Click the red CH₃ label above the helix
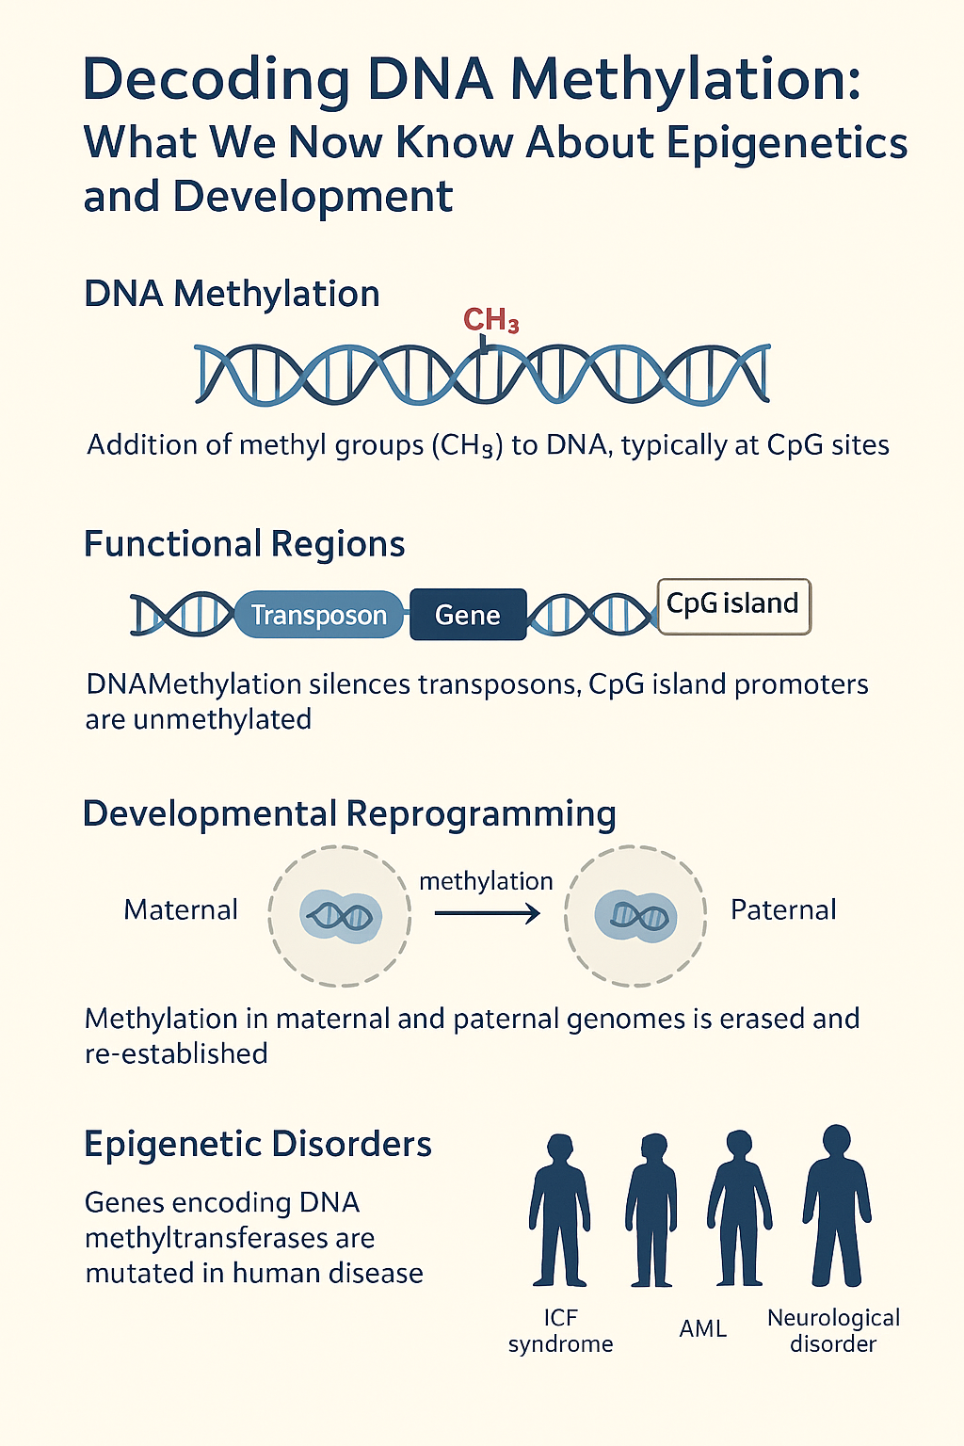click(490, 320)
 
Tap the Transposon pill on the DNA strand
click(319, 615)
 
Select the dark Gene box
click(468, 615)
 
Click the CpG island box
click(734, 606)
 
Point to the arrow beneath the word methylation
click(488, 913)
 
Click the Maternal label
click(181, 909)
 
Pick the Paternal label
click(783, 909)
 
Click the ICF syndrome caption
click(560, 1330)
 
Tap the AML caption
click(702, 1329)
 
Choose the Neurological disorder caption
click(833, 1330)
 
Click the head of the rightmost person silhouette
click(837, 1143)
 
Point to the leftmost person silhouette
click(559, 1211)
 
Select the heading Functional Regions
click(245, 543)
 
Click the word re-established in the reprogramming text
click(176, 1054)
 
